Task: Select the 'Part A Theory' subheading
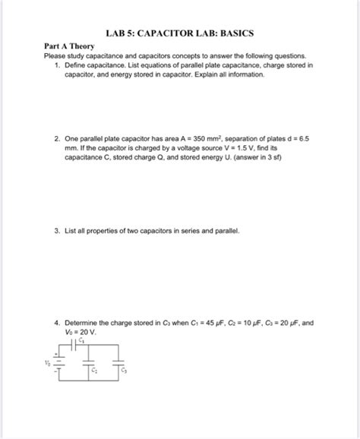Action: (69, 46)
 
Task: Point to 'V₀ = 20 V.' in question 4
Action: (81, 332)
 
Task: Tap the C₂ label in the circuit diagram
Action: (94, 371)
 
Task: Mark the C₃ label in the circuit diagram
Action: (125, 371)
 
